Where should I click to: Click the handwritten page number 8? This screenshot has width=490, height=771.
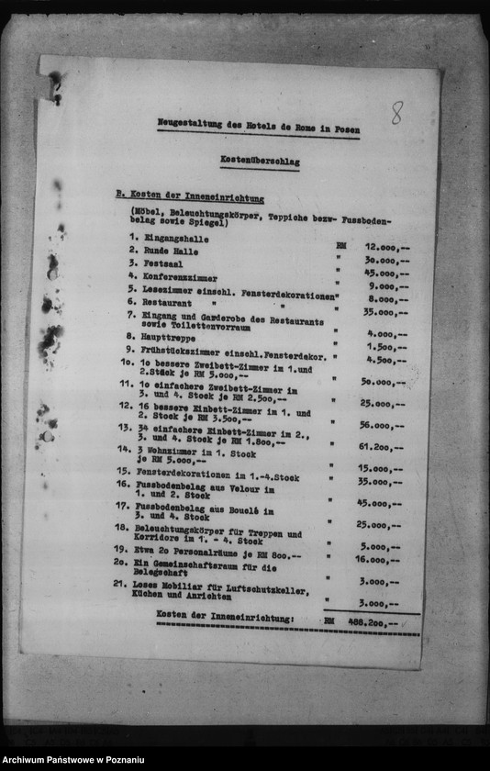pos(396,113)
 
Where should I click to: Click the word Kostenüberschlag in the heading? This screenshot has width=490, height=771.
pos(260,161)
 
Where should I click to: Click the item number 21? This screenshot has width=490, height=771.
pos(119,583)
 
